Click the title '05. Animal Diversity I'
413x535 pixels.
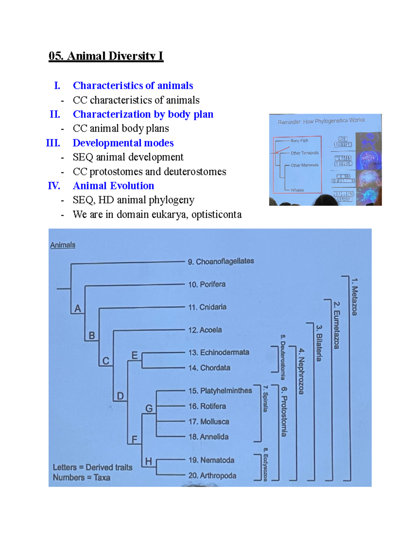pos(106,56)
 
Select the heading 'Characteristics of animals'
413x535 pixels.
pos(133,85)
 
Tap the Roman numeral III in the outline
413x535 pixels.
pos(53,143)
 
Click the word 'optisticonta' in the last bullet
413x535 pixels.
pos(216,214)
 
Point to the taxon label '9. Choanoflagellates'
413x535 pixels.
pos(221,261)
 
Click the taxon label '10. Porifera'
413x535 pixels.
pos(206,285)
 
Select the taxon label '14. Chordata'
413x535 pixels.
pos(209,368)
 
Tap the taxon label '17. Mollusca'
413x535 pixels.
pos(209,422)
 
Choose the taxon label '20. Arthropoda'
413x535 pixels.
pos(212,476)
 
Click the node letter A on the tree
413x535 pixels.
pos(78,308)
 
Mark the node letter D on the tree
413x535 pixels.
pos(120,396)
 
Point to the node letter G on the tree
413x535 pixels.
pos(149,409)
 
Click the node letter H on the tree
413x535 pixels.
pos(148,461)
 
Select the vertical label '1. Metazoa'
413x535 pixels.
pos(355,297)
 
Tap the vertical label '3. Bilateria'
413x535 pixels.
pos(319,343)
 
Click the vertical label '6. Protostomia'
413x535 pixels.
pos(284,411)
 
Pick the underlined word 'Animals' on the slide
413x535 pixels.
pos(63,245)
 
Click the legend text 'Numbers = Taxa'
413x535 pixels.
pos(82,477)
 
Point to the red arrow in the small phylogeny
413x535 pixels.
pos(282,150)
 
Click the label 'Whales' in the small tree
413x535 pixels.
pos(297,190)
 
